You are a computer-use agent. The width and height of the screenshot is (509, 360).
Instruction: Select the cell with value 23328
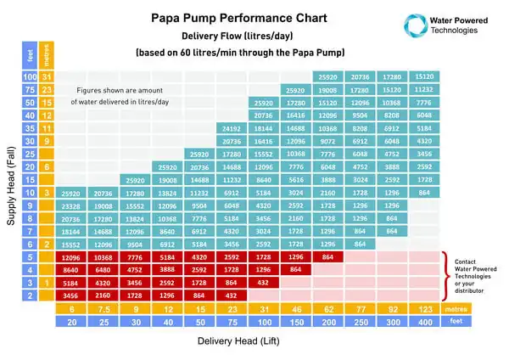71,206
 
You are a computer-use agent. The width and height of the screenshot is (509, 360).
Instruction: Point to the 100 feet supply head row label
30,77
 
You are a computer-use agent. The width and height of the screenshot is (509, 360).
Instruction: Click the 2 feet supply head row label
30,295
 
